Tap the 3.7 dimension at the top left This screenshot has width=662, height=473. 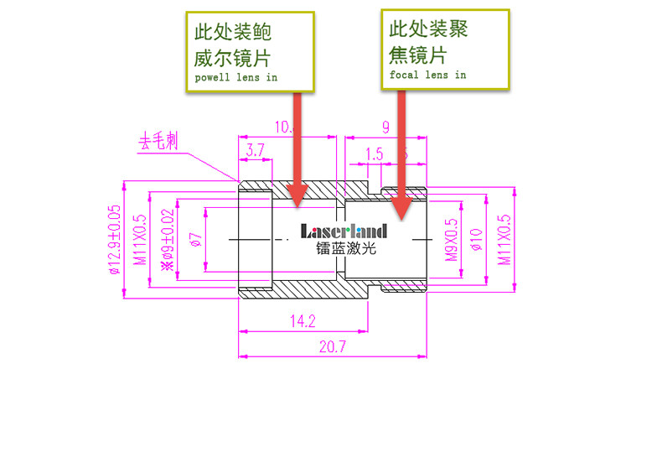[256, 149]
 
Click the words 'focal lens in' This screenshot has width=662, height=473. [427, 75]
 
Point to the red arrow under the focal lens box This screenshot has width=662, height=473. [401, 151]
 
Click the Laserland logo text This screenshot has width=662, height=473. [344, 231]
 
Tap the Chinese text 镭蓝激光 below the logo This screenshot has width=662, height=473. [346, 249]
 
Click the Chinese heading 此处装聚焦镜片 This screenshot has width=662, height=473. [428, 42]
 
